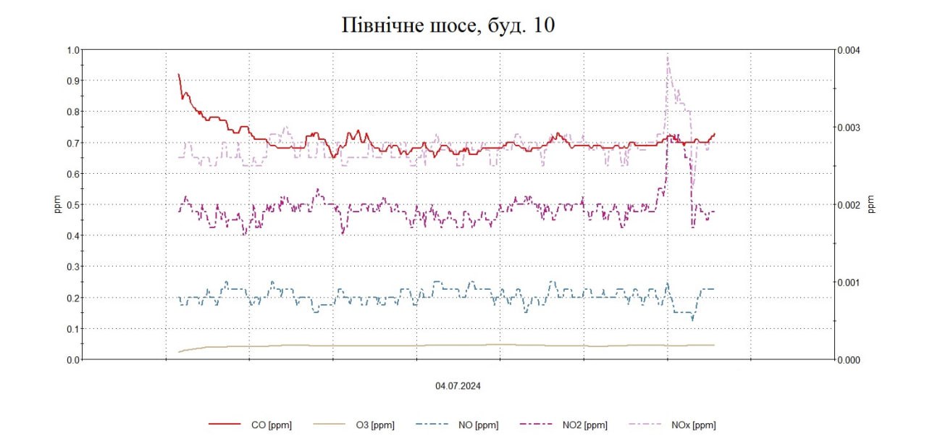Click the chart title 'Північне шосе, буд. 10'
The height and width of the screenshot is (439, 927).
[448, 25]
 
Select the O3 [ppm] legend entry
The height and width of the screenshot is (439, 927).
[375, 425]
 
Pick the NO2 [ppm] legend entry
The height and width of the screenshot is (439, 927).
[584, 425]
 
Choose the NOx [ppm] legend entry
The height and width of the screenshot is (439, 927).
[694, 425]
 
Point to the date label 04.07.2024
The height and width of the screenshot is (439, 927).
[458, 386]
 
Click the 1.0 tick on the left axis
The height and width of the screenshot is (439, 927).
[72, 50]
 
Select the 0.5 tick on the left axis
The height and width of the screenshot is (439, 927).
[72, 205]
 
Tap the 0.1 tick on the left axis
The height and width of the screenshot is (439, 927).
[72, 329]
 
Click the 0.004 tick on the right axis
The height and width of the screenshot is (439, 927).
[850, 50]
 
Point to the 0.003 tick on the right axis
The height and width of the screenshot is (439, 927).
[850, 127]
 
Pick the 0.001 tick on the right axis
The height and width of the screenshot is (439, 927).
[850, 283]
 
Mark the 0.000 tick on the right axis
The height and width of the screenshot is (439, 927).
[850, 360]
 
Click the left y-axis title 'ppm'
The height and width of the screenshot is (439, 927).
[57, 205]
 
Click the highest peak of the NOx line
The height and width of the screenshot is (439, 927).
[667, 55]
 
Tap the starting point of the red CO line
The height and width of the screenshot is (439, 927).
[178, 74]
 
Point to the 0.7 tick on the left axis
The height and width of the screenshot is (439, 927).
[72, 143]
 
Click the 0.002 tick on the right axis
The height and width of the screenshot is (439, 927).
[850, 205]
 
